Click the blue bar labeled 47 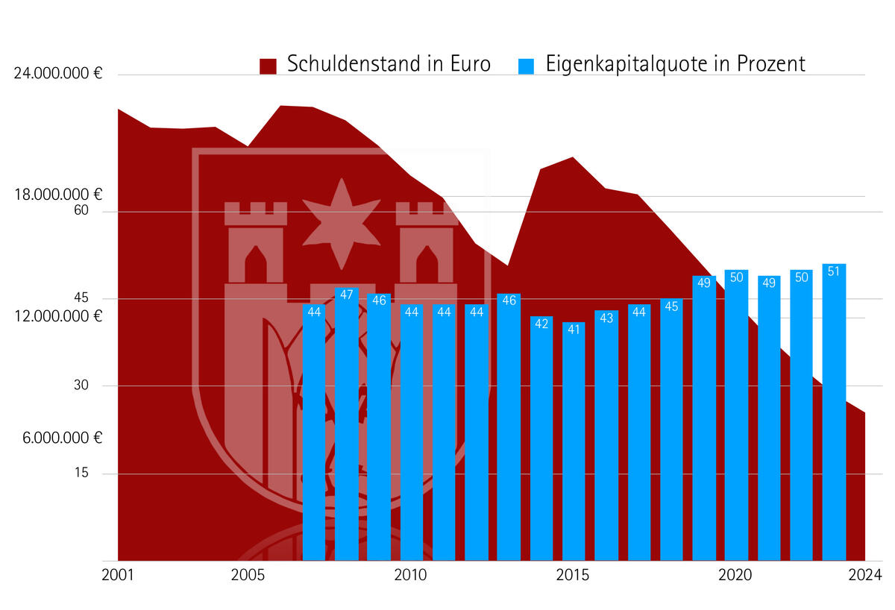tap(347, 425)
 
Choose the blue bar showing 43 tap(606, 436)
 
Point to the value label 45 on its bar tap(671, 306)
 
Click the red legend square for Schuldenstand tap(268, 66)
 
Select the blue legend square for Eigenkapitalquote tap(527, 66)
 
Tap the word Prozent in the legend tap(771, 64)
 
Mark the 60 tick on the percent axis tap(81, 211)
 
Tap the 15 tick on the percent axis tap(81, 473)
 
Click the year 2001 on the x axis tap(117, 576)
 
